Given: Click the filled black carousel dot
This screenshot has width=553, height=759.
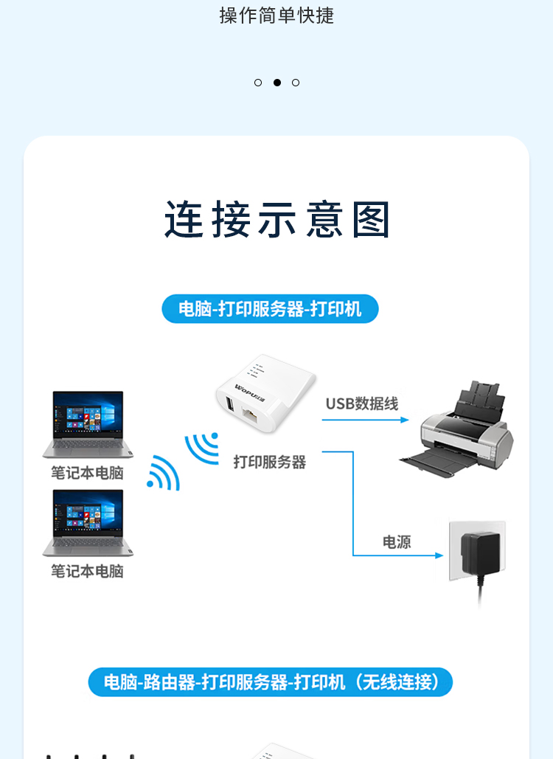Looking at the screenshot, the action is [276, 83].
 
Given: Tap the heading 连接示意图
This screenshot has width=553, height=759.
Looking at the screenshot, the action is [277, 220].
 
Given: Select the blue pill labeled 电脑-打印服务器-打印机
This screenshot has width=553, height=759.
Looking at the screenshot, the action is [270, 309].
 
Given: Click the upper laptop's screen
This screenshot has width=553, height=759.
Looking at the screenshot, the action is [88, 415].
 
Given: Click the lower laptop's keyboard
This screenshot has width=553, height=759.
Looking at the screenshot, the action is [88, 544].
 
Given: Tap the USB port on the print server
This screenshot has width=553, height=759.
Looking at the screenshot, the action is [230, 405].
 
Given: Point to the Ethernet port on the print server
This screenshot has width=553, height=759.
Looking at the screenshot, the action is [251, 415].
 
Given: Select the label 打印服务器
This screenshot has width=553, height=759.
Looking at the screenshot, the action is [269, 462].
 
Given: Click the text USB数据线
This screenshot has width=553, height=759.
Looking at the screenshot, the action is [362, 403].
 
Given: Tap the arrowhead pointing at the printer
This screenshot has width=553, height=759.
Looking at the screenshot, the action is [405, 420].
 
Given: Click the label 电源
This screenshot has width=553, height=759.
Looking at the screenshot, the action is [397, 541].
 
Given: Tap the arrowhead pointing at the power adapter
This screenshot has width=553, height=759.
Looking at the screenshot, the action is [439, 555].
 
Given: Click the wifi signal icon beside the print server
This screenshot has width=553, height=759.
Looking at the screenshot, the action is [202, 448].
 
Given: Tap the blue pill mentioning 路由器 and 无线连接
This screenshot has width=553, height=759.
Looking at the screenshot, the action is [270, 682].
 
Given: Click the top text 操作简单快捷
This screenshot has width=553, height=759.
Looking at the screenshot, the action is [276, 15].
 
